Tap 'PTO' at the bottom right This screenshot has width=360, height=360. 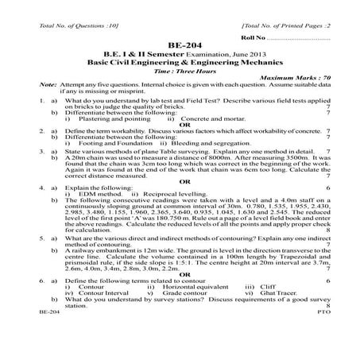[x=324, y=337]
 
